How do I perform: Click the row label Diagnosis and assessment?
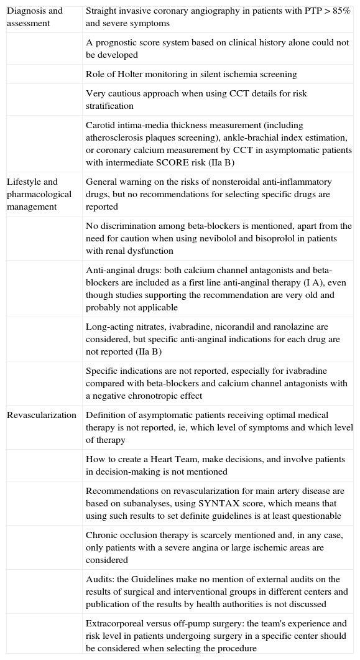click(x=34, y=17)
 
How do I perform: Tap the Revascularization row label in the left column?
click(x=42, y=415)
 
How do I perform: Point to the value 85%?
click(x=339, y=11)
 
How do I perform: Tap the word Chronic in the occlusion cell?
click(x=102, y=535)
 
